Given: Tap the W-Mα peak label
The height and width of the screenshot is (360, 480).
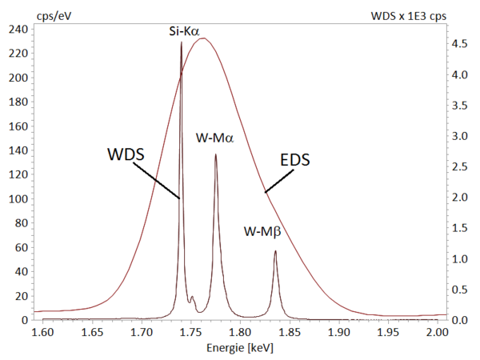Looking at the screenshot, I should point(215,138).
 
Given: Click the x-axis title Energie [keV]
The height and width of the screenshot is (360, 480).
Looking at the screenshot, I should point(240,348).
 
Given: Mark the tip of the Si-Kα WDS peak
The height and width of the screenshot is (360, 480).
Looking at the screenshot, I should point(181,42).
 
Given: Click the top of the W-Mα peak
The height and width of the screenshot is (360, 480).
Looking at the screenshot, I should point(215,154).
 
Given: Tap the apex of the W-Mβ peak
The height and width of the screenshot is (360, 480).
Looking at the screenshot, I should point(275,250).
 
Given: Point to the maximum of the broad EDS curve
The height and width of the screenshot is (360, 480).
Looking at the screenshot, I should point(203,38).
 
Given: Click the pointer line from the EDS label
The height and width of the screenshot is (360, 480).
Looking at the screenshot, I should point(277,181).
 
